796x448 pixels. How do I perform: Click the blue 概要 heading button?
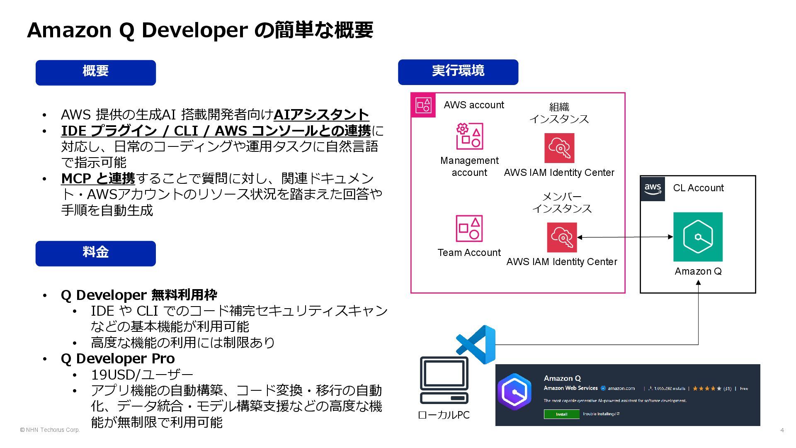coord(95,73)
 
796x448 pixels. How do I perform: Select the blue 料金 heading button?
coord(95,253)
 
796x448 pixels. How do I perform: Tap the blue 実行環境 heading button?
coord(458,72)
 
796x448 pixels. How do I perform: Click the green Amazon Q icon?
coord(698,237)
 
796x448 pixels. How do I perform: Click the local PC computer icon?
coord(444,380)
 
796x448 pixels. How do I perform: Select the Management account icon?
coord(469,136)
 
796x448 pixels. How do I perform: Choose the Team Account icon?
coord(469,228)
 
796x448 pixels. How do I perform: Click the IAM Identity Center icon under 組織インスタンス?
coord(559,148)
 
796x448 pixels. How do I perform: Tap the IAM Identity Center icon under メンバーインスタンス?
coord(562,237)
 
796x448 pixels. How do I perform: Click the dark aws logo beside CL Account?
coord(653,189)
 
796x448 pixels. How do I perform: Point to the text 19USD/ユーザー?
coord(142,375)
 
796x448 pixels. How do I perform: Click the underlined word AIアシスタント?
coord(321,114)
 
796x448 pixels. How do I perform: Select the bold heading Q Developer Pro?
coord(118,358)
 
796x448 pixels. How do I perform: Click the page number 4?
coord(782,430)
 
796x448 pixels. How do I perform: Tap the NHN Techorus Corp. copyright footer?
coord(50,430)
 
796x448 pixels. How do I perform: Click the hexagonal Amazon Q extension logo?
coord(514,392)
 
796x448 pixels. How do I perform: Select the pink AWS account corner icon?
coord(423,105)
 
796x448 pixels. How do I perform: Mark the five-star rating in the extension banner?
coord(707,389)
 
